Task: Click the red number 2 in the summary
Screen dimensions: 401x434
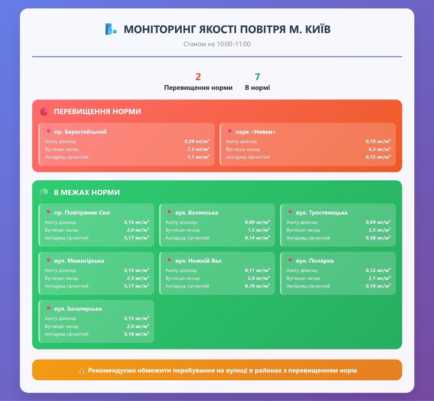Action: pos(198,77)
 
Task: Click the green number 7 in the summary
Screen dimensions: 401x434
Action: pos(258,77)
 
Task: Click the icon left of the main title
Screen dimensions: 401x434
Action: pos(111,29)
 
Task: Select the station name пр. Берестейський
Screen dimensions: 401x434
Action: pos(80,132)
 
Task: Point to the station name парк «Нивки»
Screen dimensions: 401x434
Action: pos(255,132)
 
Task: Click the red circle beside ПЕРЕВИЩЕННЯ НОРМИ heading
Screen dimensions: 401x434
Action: pos(44,111)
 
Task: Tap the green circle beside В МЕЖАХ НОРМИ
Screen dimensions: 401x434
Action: pos(44,193)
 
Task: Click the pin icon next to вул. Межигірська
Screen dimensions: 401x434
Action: pos(48,260)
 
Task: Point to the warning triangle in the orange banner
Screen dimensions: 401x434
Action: pos(82,370)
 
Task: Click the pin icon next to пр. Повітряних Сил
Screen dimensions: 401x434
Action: pos(48,212)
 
